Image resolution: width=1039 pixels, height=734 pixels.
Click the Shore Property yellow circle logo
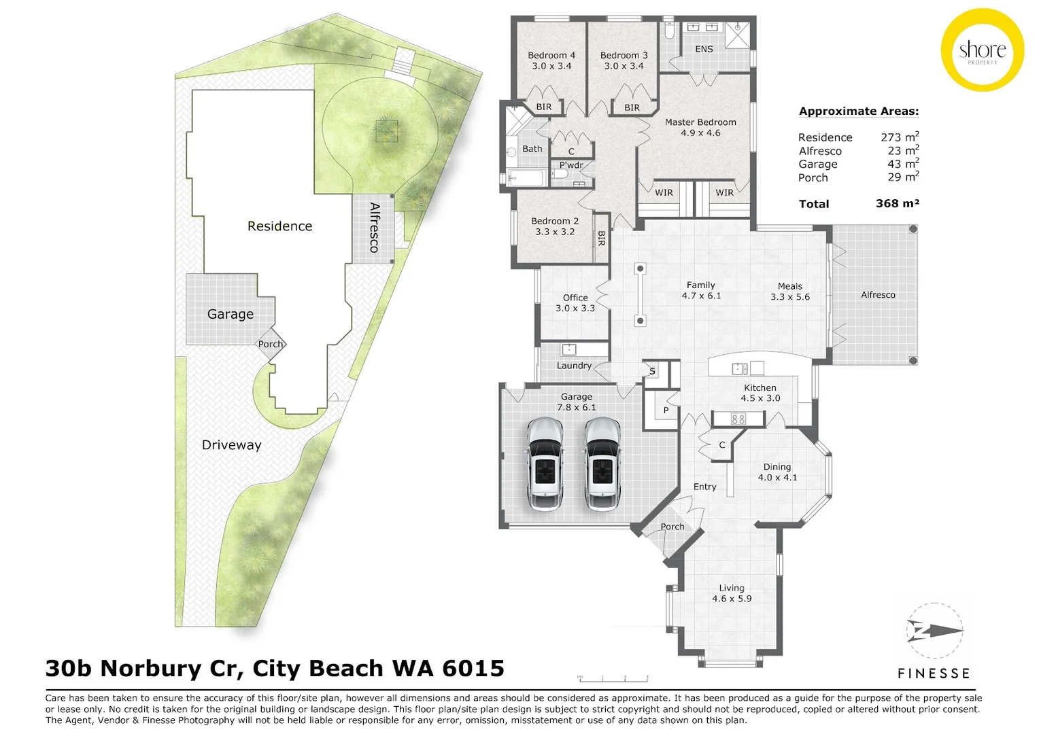coord(983,50)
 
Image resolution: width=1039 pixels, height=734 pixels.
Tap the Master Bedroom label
coord(700,122)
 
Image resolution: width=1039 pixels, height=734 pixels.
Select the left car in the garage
coord(545,464)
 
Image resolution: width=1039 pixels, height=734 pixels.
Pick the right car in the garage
coord(602,464)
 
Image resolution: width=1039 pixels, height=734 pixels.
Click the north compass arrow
coord(935,631)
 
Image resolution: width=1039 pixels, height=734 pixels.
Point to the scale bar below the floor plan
coord(613,678)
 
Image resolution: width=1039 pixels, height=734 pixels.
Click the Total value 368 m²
coord(897,204)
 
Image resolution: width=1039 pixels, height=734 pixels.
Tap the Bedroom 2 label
coord(555,221)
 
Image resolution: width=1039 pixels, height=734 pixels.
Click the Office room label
coord(575,298)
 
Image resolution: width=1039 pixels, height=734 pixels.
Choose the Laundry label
coord(574,366)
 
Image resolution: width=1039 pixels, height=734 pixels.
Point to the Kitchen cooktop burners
coord(738,419)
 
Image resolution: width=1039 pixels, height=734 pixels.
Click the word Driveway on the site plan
coord(231,445)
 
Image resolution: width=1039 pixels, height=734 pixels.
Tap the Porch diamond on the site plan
coord(271,344)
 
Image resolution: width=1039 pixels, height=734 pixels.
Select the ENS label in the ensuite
coord(704,49)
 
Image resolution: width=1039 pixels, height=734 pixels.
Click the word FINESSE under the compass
coord(933,673)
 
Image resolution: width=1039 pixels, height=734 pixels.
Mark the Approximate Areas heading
coord(859,111)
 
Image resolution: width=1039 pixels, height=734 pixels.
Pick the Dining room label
coord(777,467)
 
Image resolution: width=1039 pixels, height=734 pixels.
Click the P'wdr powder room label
coord(571,165)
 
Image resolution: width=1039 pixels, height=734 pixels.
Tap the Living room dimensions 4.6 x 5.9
coord(732,599)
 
